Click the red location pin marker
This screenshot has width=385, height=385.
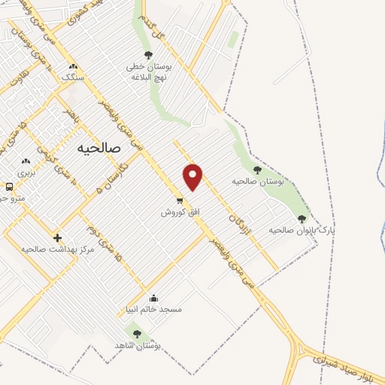193,176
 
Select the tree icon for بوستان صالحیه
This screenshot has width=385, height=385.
258,171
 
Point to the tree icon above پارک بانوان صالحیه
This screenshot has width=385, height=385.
302,219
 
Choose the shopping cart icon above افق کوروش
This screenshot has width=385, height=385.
179,201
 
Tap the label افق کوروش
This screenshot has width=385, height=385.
180,212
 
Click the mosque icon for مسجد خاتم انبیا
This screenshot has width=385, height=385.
154,298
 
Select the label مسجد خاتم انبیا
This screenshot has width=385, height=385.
154,309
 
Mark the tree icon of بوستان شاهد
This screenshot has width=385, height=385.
136,333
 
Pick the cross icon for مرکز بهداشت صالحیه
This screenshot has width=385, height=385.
58,238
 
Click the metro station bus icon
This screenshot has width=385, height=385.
9,186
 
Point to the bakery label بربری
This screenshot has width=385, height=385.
26,172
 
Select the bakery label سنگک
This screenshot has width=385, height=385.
73,77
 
